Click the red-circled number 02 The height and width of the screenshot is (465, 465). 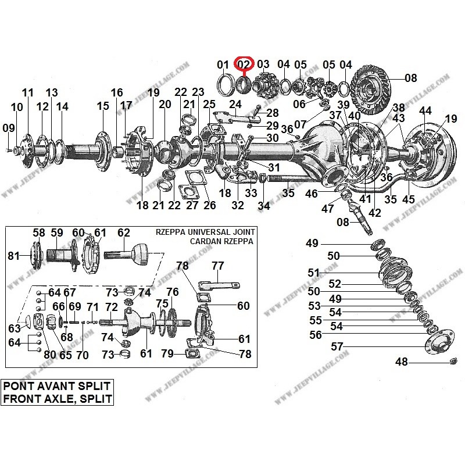(242, 63)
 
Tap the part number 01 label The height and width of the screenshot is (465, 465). (223, 64)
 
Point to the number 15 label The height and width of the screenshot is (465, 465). (103, 106)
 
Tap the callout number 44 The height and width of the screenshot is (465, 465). (425, 110)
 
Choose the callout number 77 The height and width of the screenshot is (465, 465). (217, 266)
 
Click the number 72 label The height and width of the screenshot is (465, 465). (111, 306)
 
